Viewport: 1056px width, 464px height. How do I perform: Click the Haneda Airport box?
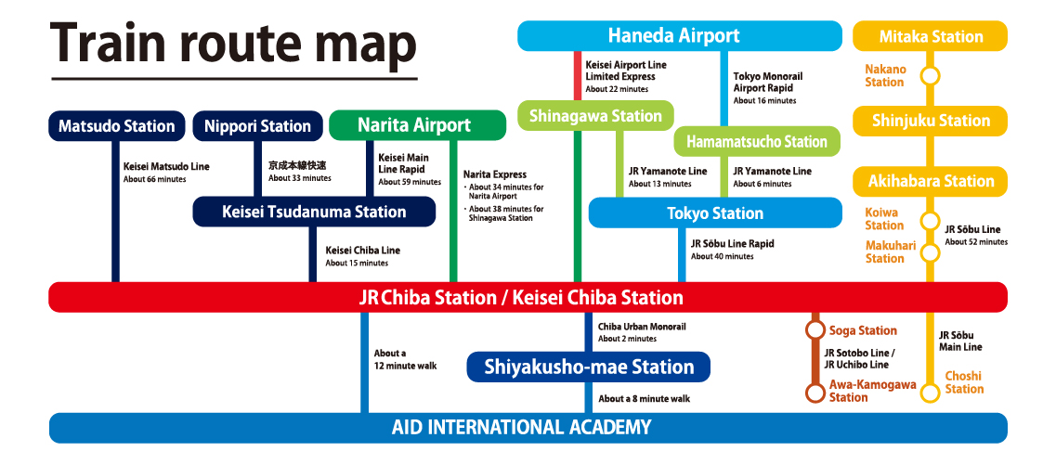tap(673, 36)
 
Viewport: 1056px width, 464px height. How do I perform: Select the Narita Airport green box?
tap(414, 125)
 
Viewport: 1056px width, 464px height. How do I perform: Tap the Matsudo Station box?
tap(116, 126)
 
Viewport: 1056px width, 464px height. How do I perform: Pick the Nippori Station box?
tap(257, 126)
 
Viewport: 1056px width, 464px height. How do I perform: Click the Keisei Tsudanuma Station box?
tap(314, 212)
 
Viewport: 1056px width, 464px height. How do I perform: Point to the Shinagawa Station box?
tap(595, 116)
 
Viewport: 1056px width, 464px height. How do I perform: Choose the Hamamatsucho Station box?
tap(757, 141)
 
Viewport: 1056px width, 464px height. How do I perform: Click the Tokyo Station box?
tap(715, 213)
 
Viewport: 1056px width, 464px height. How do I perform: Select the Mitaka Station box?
tap(930, 36)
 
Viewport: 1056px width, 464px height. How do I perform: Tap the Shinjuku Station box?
tap(930, 121)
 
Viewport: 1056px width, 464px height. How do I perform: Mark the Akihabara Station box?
tap(930, 181)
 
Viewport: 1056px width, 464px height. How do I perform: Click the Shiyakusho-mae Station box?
tap(589, 367)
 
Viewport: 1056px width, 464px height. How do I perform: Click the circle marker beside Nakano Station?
tap(930, 75)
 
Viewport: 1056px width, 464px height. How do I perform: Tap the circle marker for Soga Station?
tap(815, 329)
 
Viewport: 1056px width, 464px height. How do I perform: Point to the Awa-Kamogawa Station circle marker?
tap(815, 393)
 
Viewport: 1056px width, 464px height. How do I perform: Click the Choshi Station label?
tap(964, 382)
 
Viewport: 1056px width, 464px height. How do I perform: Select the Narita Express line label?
tap(495, 174)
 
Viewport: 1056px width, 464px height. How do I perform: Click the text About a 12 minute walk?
tap(405, 359)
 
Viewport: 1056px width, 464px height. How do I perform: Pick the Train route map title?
tap(233, 43)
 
